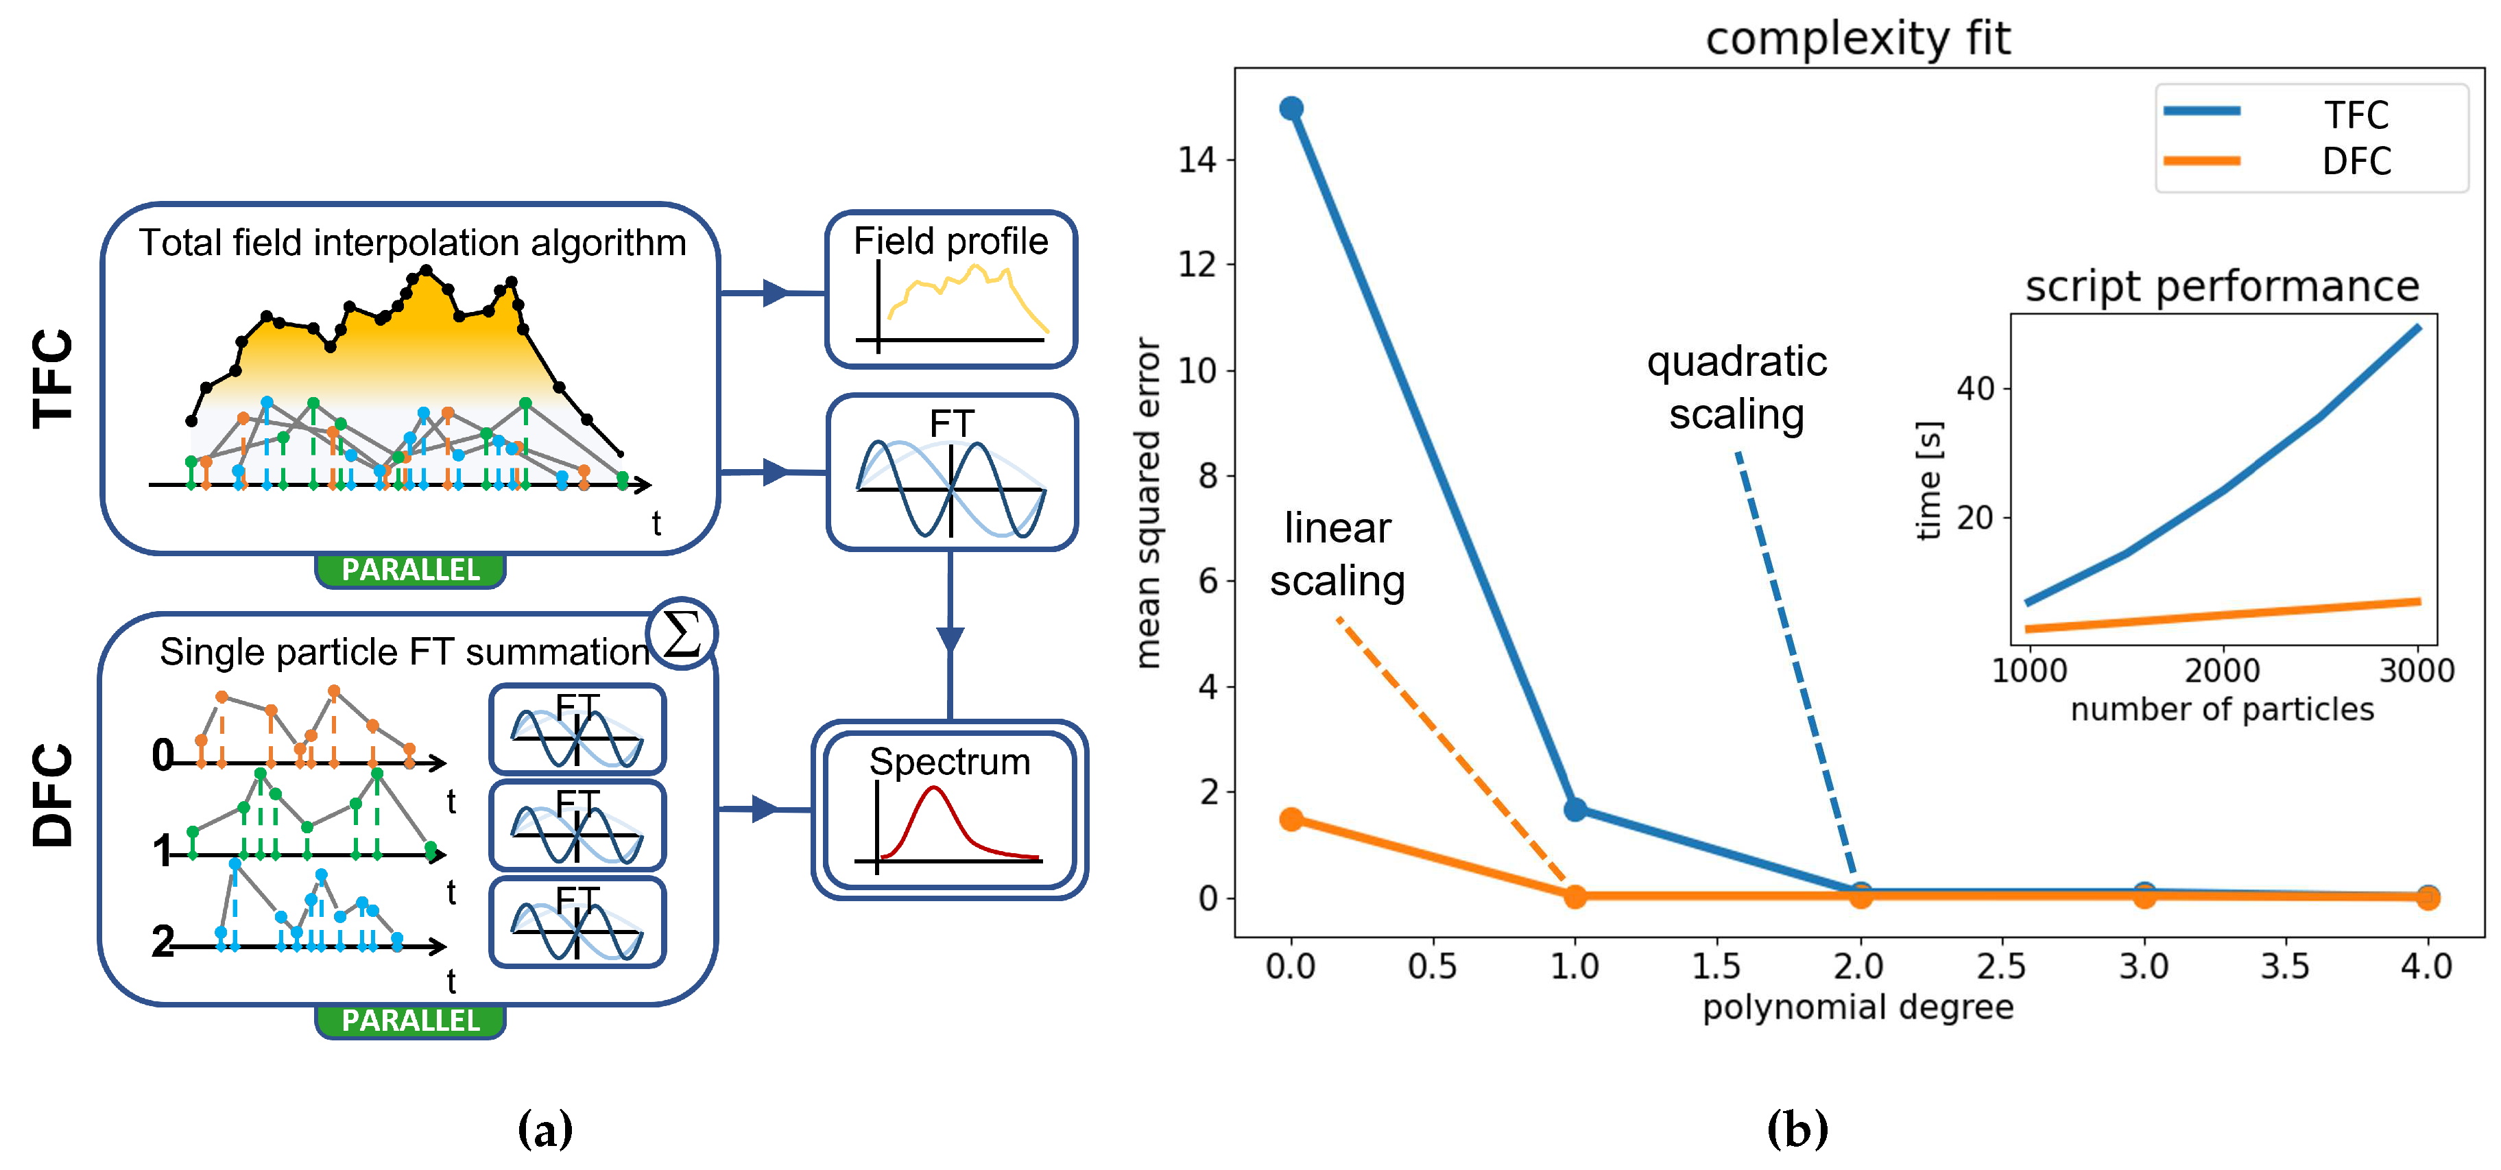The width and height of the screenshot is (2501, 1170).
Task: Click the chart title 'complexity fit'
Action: [x=1857, y=39]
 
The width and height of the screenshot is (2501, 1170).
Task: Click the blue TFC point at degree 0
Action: [x=1291, y=108]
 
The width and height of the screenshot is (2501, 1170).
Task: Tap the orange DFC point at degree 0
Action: [x=1291, y=818]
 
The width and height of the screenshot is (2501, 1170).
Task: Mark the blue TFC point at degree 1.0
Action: [x=1575, y=809]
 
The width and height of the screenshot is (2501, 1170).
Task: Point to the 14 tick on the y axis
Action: [x=1197, y=159]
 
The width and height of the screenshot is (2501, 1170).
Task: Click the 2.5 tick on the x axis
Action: [x=2001, y=966]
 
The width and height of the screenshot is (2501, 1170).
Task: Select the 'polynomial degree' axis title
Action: [x=1857, y=1007]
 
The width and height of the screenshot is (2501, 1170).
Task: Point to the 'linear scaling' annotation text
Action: [x=1337, y=554]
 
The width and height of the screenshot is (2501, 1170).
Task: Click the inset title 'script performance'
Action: [x=2221, y=287]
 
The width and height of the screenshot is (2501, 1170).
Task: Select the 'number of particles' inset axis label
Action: [x=2221, y=709]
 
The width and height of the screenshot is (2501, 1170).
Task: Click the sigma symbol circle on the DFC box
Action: [x=682, y=634]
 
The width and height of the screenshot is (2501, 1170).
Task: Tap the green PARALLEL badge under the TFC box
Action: [x=411, y=570]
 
